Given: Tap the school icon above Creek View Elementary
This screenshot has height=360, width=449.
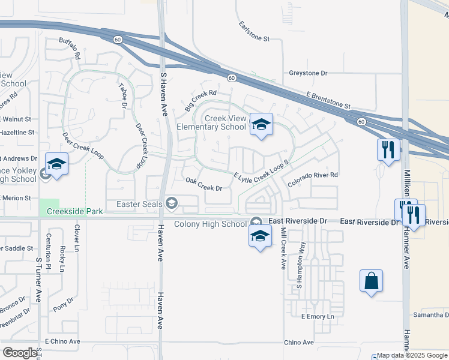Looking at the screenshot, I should pos(261,124).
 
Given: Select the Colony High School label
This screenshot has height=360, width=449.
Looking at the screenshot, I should pos(210,224).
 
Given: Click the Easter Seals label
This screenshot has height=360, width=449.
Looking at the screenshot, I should pos(140,204).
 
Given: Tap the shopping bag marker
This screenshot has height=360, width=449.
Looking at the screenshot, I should pos(372,281).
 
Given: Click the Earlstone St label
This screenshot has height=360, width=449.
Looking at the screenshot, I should pos(255,31).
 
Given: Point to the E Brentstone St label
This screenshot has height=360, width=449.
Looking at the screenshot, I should pos(328,101).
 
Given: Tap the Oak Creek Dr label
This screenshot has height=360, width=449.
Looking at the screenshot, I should pos(204,184).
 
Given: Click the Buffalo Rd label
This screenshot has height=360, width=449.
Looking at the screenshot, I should pos(70,49).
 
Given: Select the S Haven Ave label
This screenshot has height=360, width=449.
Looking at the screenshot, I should pos(163,91).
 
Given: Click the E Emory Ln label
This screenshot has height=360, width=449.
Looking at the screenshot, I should pos(317,316).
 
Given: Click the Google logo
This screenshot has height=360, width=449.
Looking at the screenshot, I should pos(20,353).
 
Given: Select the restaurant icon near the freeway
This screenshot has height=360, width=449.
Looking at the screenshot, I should pos(388,149).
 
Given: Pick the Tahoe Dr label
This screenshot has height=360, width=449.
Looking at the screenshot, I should pos(124,95).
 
